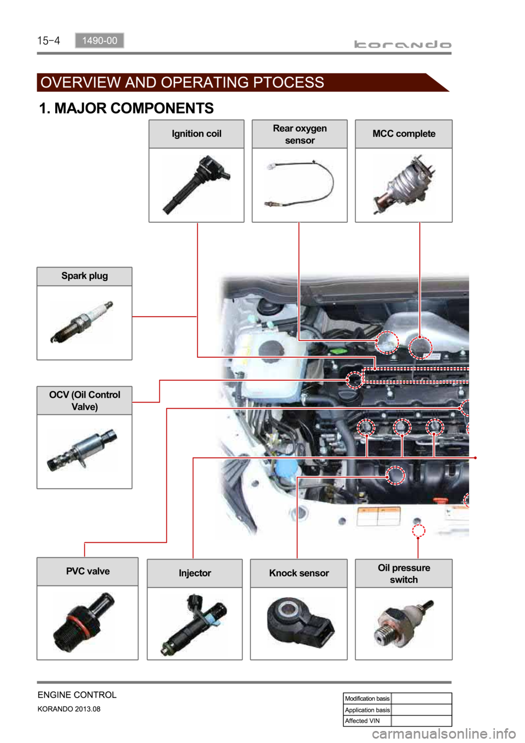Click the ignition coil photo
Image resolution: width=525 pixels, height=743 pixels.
click(x=196, y=184)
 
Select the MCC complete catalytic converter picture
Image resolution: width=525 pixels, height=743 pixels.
click(x=404, y=184)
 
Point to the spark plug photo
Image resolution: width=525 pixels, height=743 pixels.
click(x=82, y=322)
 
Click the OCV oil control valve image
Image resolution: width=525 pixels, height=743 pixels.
click(x=82, y=450)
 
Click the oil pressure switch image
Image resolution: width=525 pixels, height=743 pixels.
click(x=404, y=624)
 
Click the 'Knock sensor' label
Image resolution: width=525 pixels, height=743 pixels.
click(x=299, y=573)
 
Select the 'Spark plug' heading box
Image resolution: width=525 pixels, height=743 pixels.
click(x=85, y=276)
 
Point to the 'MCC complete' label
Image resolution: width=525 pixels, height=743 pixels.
click(x=404, y=133)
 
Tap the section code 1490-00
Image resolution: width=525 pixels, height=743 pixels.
click(x=100, y=40)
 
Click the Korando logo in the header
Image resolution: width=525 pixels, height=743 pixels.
click(x=402, y=44)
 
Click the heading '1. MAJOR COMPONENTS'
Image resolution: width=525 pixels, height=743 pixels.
click(x=126, y=108)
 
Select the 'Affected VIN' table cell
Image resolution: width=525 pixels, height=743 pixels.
click(x=367, y=721)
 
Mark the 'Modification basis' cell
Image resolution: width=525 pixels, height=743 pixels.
click(x=367, y=698)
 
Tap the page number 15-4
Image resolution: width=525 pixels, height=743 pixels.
click(x=49, y=40)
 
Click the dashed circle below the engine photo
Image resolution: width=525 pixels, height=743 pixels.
click(x=418, y=531)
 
